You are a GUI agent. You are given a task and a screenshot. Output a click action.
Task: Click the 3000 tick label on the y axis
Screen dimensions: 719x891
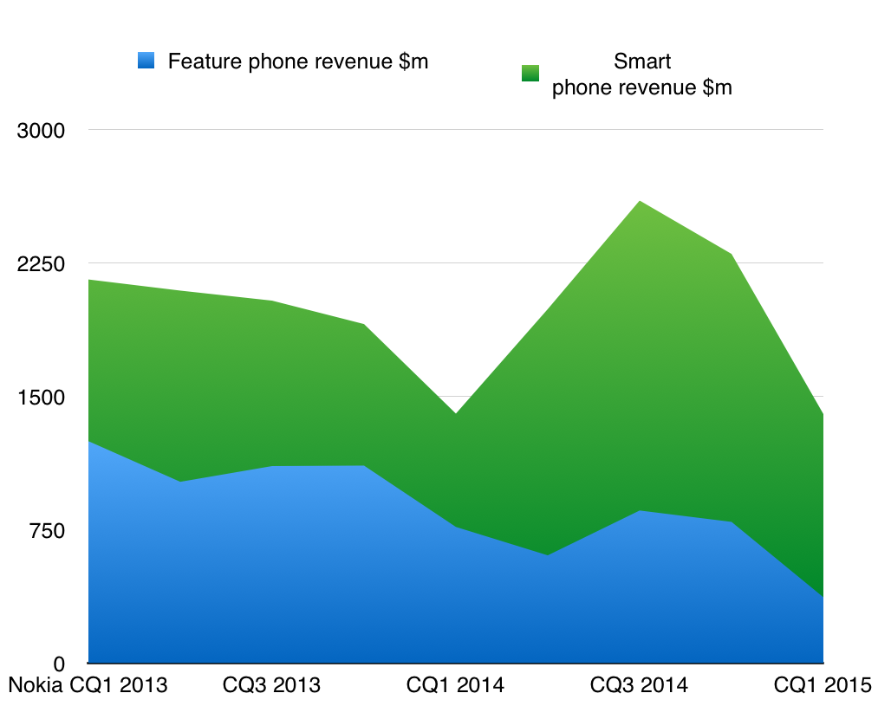click(41, 131)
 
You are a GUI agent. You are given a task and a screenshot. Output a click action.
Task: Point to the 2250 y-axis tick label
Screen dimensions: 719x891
click(41, 263)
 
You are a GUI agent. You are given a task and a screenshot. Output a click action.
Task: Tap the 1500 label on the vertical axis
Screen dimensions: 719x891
click(41, 398)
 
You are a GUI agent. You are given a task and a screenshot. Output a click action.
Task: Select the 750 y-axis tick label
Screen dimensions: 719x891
click(48, 530)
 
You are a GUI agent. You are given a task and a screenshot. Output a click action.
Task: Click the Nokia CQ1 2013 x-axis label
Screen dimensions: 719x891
click(88, 685)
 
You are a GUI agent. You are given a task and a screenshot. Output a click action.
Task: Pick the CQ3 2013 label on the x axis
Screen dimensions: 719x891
click(271, 685)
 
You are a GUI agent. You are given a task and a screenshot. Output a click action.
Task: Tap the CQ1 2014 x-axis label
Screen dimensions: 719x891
click(455, 685)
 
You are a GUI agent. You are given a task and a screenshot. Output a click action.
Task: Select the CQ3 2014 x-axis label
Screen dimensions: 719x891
click(639, 685)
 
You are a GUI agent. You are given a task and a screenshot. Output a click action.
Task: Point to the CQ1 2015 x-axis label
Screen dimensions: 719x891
click(822, 685)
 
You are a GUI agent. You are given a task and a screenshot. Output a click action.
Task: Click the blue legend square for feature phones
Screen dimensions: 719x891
click(146, 62)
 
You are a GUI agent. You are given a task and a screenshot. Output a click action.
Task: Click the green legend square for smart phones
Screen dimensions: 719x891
click(530, 73)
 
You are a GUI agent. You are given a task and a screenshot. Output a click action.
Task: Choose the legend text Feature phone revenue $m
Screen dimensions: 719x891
click(298, 62)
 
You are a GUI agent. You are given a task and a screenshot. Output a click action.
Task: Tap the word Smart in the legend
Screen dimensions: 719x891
click(642, 62)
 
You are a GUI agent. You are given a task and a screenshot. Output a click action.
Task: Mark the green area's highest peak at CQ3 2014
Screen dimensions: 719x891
click(640, 202)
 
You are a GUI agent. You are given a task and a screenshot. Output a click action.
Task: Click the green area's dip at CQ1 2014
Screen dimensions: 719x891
click(456, 414)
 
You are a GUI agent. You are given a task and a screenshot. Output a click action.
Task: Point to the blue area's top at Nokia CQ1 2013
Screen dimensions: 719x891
click(89, 442)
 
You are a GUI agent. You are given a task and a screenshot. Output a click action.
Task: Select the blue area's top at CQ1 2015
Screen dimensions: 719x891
click(822, 597)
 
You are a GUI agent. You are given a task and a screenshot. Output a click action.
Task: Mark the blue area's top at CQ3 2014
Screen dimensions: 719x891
click(640, 511)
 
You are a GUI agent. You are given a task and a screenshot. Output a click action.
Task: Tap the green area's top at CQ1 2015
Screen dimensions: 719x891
click(822, 416)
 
